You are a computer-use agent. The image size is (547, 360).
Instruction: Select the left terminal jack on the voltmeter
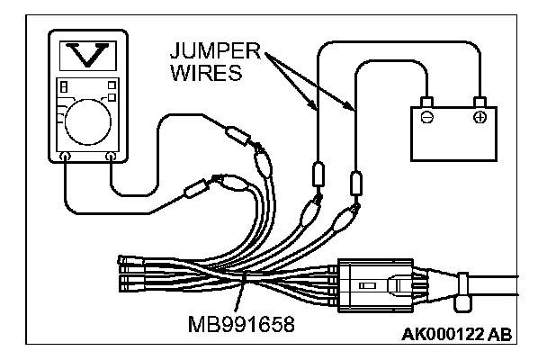(x=64, y=157)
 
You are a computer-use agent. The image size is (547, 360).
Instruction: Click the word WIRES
(x=204, y=71)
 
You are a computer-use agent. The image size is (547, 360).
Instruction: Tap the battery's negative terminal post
(x=427, y=102)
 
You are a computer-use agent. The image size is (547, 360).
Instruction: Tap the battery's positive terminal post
(x=480, y=101)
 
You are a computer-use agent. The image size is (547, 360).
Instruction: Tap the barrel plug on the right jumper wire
(x=356, y=183)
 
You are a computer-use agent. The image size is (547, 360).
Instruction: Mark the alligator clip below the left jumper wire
(x=307, y=212)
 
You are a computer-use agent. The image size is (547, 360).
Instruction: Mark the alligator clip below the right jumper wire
(x=343, y=218)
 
